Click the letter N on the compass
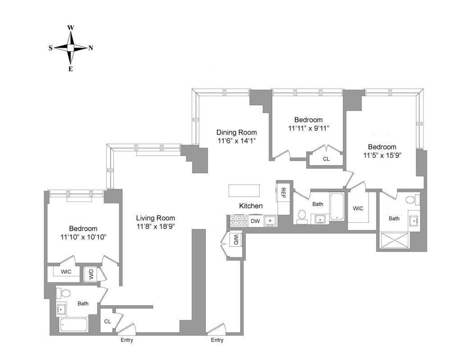click(x=90, y=48)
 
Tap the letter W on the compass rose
click(x=71, y=27)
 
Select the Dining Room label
click(x=236, y=132)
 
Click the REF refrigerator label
click(x=283, y=193)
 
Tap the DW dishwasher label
click(x=255, y=221)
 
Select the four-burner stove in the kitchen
click(x=238, y=221)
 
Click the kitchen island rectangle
click(x=245, y=190)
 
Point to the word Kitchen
click(x=251, y=206)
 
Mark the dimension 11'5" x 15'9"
click(x=382, y=156)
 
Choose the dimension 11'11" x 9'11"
click(x=308, y=128)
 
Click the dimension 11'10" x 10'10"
click(x=83, y=237)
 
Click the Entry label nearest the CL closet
click(x=127, y=340)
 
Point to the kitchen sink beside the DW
click(x=270, y=220)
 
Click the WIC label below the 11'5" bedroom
click(x=358, y=209)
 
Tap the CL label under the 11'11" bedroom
click(x=326, y=159)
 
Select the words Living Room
click(x=155, y=218)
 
